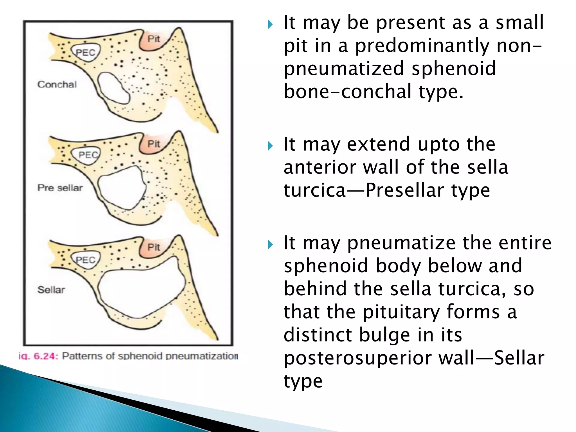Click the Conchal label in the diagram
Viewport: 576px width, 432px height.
(x=57, y=84)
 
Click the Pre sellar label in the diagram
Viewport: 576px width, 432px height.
(x=60, y=188)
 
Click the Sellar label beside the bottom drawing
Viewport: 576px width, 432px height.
(x=51, y=290)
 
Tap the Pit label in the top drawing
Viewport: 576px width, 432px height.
(x=154, y=39)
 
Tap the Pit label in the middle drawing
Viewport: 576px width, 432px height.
(x=154, y=144)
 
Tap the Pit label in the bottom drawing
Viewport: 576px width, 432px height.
(x=154, y=247)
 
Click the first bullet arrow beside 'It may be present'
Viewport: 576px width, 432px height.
(x=270, y=24)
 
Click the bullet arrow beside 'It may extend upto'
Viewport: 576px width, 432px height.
(x=270, y=146)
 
